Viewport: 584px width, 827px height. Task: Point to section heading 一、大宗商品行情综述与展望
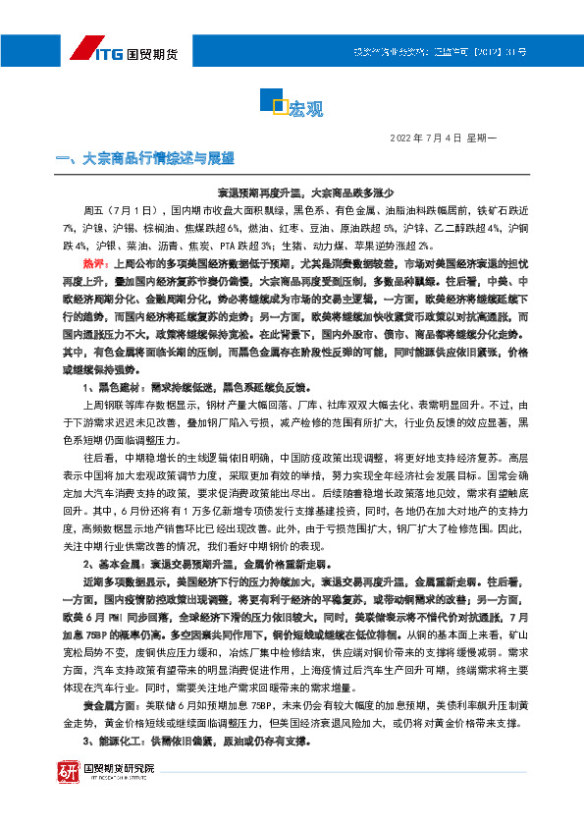click(146, 158)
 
